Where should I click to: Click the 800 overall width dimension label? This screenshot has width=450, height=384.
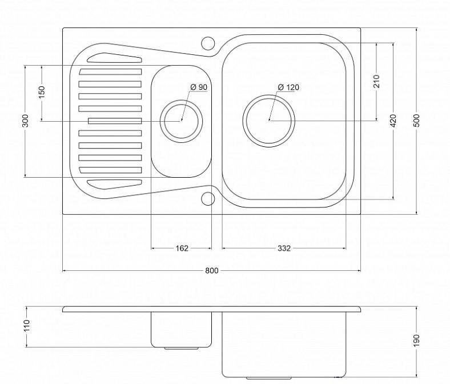pos(212,270)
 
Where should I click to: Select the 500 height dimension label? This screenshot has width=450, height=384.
pos(417,121)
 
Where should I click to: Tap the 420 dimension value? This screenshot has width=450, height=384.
pos(393,121)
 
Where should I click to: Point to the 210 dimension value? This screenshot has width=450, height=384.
pos(376,81)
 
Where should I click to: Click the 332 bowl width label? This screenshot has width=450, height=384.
pos(284,248)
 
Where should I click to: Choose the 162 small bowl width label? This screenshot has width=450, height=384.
pos(182,248)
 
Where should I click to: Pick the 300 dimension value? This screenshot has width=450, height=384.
pos(25,121)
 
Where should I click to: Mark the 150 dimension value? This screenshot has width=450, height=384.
pos(42,92)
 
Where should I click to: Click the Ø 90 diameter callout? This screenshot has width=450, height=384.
pos(199,87)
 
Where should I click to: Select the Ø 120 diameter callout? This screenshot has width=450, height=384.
pos(288,87)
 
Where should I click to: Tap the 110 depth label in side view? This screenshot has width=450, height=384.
pos(27,326)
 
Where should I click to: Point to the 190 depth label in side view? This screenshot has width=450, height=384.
pos(417,341)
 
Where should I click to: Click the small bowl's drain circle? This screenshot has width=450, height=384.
pos(181,101)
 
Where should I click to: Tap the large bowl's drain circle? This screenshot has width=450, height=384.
pos(268,95)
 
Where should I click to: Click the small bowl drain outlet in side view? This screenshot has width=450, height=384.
pos(181,349)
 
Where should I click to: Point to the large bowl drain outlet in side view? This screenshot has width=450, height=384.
pos(268,378)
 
